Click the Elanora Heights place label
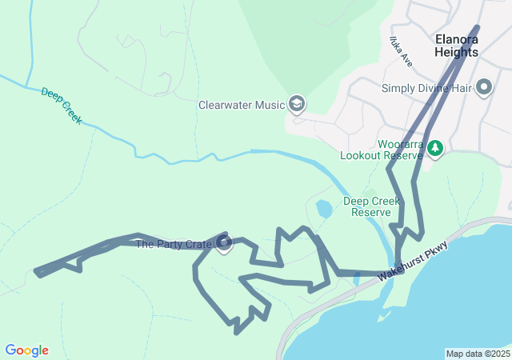457,45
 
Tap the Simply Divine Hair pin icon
483,86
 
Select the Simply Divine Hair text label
426,88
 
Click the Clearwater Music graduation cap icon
297,103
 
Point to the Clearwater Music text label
242,104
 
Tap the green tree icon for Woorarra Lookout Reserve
435,148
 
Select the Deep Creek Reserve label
372,206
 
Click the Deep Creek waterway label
62,106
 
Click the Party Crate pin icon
224,242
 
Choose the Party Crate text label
174,244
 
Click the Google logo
26,350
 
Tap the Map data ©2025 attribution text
478,354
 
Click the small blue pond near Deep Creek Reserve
324,210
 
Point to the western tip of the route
37,272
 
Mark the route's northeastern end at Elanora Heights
478,28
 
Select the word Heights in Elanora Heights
457,52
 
